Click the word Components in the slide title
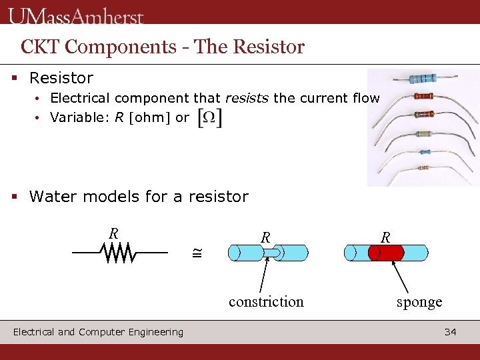click(x=111, y=47)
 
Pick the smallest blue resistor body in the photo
click(x=424, y=152)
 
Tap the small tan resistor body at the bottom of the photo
click(x=423, y=168)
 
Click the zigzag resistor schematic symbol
click(x=119, y=253)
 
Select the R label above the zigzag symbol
click(x=114, y=233)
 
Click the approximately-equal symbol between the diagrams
click(x=197, y=253)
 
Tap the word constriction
click(x=266, y=302)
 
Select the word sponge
click(x=419, y=302)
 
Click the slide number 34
click(x=451, y=331)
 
